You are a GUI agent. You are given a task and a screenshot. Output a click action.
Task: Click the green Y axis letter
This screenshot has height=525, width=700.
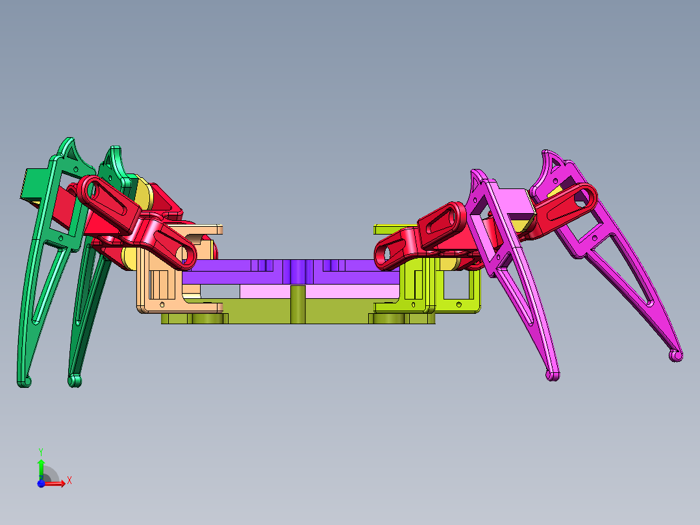click(x=41, y=452)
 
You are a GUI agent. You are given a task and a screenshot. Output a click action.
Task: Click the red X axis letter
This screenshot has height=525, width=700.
click(x=69, y=481)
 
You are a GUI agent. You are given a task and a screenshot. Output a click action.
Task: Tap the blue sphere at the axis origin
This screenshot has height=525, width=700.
click(x=41, y=483)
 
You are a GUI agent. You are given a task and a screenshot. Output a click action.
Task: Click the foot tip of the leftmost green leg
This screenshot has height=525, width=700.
click(x=25, y=382)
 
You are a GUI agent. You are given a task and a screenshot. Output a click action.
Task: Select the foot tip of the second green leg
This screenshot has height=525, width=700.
click(x=75, y=381)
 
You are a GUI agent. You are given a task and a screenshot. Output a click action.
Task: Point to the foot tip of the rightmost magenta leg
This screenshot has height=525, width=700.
click(x=676, y=355)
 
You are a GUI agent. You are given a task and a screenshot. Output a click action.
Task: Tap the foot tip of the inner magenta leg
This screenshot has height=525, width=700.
click(x=553, y=376)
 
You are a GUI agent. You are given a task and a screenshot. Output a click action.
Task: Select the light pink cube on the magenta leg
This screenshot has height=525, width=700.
click(x=516, y=203)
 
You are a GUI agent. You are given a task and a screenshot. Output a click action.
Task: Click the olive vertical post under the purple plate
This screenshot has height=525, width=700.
click(x=298, y=305)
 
